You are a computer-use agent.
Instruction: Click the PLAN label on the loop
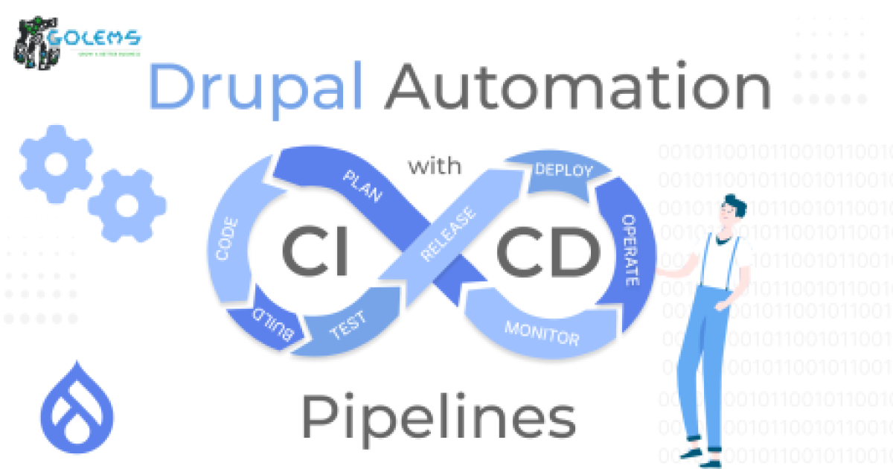[x=362, y=186]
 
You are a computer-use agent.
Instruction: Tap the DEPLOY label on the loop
[x=563, y=170]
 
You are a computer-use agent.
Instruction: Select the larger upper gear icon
[x=56, y=164]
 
